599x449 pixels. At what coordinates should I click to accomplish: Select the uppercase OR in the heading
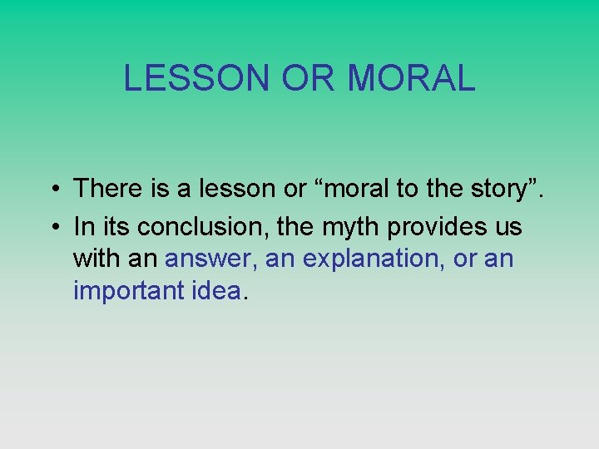pyautogui.click(x=309, y=78)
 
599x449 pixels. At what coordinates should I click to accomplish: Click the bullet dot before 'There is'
pyautogui.click(x=52, y=190)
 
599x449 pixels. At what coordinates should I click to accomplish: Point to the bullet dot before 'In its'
pyautogui.click(x=52, y=226)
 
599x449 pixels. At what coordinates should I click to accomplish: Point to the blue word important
pyautogui.click(x=127, y=291)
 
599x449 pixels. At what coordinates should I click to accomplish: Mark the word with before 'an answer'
pyautogui.click(x=97, y=259)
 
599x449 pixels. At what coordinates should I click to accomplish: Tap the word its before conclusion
pyautogui.click(x=116, y=225)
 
